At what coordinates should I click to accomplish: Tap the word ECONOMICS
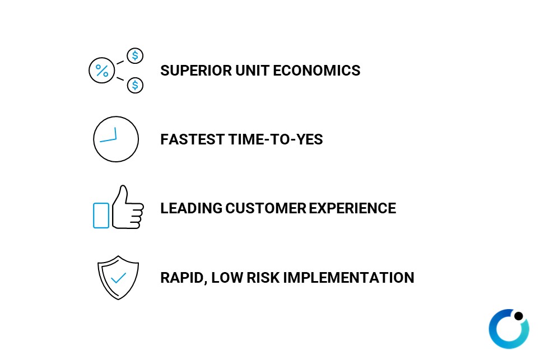coord(316,71)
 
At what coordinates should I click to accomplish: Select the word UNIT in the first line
coord(252,71)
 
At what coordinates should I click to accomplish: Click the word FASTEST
coord(193,139)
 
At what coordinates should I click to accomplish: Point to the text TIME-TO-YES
coord(276,139)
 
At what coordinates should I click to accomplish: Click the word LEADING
coord(191,208)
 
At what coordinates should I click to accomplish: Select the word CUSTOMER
coord(266,208)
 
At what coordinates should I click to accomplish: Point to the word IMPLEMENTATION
coord(348,278)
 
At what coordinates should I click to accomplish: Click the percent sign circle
coord(101,70)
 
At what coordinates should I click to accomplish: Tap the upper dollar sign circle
coord(135,55)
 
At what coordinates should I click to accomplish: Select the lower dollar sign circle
coord(135,85)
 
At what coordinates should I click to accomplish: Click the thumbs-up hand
coord(128,207)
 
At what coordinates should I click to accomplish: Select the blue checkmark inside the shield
coord(118,278)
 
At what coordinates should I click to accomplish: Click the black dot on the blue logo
coord(519,316)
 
